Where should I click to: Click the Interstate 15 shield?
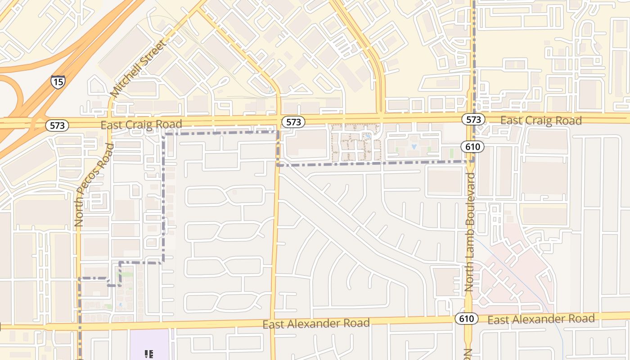tap(58, 81)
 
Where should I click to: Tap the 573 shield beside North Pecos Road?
tap(58, 126)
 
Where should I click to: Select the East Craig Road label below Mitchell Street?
tap(141, 124)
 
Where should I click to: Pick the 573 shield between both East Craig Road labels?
tap(293, 122)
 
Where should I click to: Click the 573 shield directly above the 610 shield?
tap(473, 119)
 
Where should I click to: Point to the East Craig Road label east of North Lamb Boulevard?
tap(541, 120)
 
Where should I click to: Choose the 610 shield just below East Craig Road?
tap(472, 146)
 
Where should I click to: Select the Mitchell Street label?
tap(138, 68)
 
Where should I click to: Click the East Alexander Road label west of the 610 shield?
tap(316, 323)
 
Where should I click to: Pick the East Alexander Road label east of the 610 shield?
tap(541, 319)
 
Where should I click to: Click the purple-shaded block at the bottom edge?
tap(150, 345)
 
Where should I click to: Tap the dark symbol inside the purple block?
tap(149, 354)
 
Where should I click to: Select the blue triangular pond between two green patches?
tap(414, 147)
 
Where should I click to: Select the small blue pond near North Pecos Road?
tap(120, 305)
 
